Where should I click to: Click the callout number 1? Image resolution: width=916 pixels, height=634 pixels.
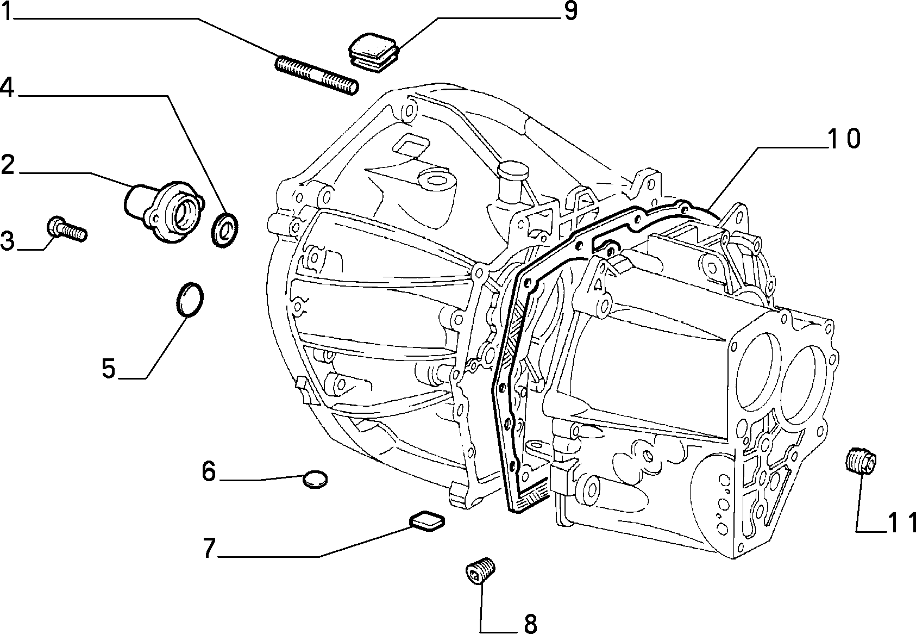click(8, 11)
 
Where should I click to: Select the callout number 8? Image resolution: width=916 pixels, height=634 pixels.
click(530, 624)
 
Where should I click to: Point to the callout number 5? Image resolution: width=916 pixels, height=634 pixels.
click(109, 368)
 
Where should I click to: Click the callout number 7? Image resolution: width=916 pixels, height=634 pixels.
click(209, 548)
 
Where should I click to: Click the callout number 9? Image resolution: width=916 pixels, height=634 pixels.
click(570, 11)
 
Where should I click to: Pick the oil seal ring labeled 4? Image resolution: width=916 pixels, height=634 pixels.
click(225, 230)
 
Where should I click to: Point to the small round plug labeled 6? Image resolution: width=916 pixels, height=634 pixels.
click(315, 479)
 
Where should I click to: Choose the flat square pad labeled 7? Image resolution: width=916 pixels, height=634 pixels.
click(427, 521)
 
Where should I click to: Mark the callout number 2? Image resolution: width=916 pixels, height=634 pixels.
click(8, 165)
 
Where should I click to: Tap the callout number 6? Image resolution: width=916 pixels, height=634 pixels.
click(209, 471)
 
